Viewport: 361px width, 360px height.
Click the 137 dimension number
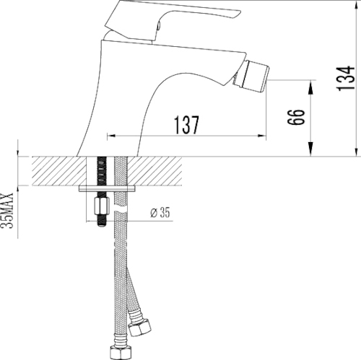186,125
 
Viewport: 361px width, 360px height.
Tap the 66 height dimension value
296,117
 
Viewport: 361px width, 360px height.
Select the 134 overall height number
345,78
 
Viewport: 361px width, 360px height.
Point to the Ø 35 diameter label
160,212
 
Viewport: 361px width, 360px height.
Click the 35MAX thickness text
7,211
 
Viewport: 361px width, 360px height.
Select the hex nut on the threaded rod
102,206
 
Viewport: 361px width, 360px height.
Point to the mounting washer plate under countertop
107,188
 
